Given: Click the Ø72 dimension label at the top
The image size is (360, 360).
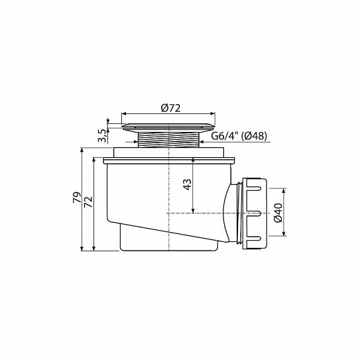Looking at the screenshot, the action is (170, 108).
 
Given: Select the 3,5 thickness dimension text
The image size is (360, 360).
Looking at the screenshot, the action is (102, 136).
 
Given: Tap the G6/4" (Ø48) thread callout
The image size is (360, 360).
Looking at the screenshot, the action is (239, 136).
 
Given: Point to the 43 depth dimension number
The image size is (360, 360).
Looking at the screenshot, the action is (188, 184).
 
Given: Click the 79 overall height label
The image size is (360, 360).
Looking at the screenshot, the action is (77, 197).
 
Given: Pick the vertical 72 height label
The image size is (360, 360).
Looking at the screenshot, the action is (88, 202).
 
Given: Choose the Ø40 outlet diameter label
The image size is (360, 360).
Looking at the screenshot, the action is (278, 213).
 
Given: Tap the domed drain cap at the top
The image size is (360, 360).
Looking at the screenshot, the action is (169, 127).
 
